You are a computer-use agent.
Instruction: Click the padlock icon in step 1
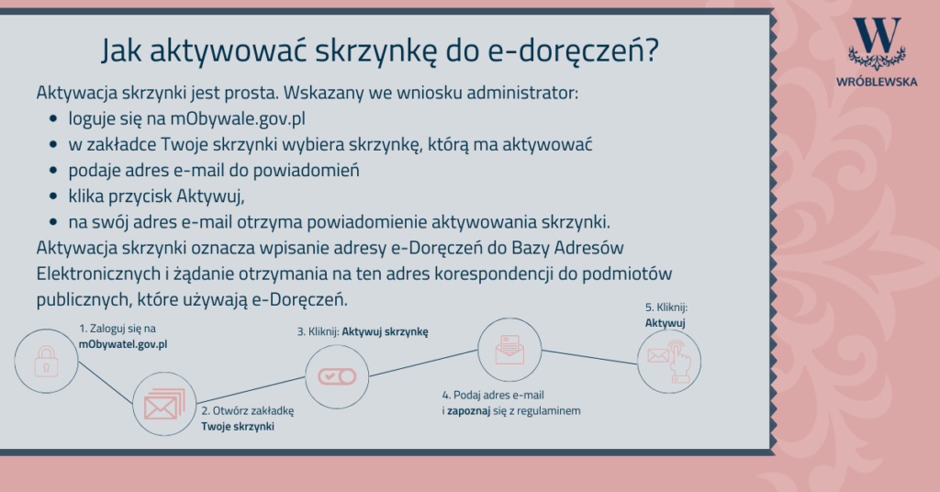[x=46, y=361]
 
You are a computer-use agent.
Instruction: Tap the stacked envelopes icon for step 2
[x=164, y=404]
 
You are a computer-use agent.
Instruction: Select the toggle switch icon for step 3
[x=337, y=376]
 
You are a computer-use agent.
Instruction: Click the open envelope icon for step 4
[x=509, y=350]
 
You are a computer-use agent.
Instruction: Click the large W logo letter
[x=877, y=35]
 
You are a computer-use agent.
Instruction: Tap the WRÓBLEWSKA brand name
[x=877, y=82]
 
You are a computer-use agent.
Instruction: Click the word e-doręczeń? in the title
[x=573, y=50]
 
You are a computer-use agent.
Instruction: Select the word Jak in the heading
[x=121, y=50]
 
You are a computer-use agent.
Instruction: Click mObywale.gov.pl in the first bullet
[x=238, y=118]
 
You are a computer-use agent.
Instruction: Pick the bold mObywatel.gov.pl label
[x=123, y=344]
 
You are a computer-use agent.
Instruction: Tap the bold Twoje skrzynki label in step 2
[x=238, y=427]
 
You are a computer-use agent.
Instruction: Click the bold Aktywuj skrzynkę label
[x=385, y=332]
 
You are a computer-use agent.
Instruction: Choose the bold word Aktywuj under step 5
[x=665, y=323]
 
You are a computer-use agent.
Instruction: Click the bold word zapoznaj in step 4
[x=469, y=411]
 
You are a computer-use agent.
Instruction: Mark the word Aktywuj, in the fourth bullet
[x=210, y=196]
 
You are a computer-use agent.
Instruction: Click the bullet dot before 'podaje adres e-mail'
[x=53, y=171]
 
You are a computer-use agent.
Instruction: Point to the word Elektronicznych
[x=98, y=274]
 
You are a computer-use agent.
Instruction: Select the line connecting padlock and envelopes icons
[x=105, y=383]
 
